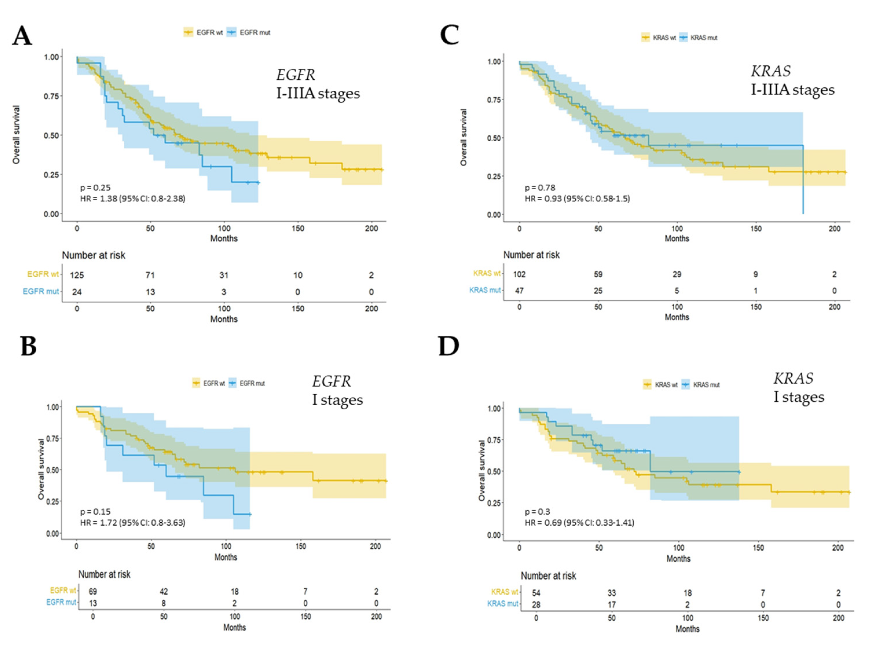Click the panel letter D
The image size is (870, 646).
(x=448, y=346)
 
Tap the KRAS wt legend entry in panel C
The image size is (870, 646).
(x=659, y=38)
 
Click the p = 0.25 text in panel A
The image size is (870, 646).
(x=95, y=188)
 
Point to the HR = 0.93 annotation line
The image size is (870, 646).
(x=577, y=199)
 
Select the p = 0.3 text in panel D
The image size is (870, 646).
(x=537, y=512)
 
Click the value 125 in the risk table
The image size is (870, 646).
(x=77, y=275)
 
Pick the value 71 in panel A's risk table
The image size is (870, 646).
(x=150, y=275)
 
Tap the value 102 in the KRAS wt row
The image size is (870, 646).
(x=519, y=275)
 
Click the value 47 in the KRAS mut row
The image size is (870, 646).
(x=519, y=291)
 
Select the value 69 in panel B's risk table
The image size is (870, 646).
(x=93, y=592)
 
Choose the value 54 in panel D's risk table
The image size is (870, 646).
(x=536, y=593)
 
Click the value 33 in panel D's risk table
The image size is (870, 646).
(x=612, y=593)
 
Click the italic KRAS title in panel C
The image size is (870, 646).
(x=770, y=71)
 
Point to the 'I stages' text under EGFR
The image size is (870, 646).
(x=337, y=400)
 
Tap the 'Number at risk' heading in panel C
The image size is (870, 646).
(x=531, y=255)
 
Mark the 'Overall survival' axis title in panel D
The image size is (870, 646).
(x=481, y=471)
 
